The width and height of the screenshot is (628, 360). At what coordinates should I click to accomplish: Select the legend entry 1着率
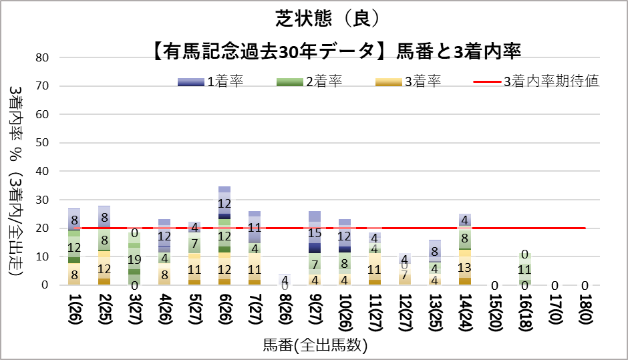point(224,82)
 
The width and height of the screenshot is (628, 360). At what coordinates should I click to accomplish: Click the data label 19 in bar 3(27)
point(134,260)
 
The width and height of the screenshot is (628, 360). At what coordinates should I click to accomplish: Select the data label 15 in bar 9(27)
point(314,234)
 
